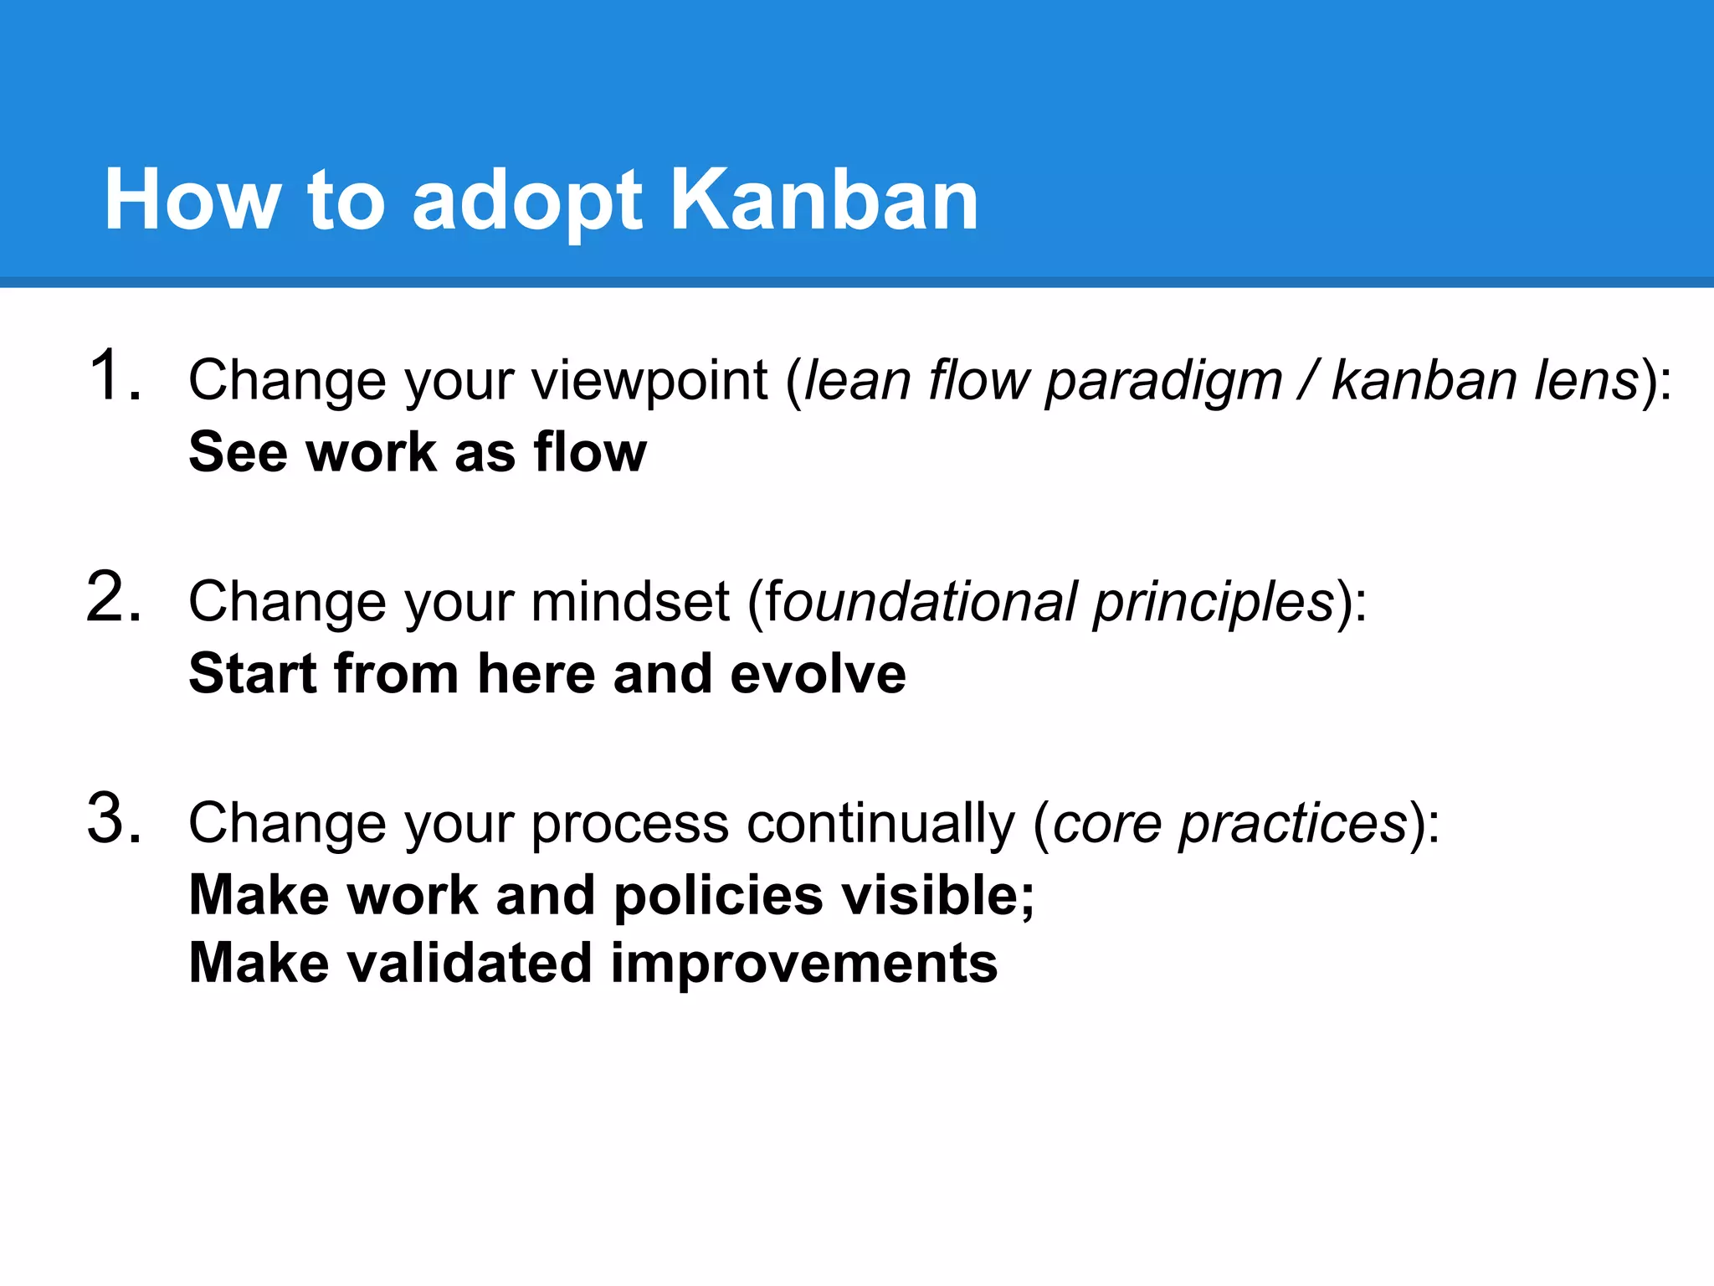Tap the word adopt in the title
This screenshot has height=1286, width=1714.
[x=527, y=201]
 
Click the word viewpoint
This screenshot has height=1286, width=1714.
[x=649, y=381]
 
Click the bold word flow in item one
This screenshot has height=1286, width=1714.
[x=590, y=452]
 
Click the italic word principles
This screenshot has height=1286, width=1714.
[x=1214, y=603]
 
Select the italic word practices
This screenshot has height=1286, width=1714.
[x=1293, y=825]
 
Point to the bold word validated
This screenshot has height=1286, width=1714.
[x=470, y=963]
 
